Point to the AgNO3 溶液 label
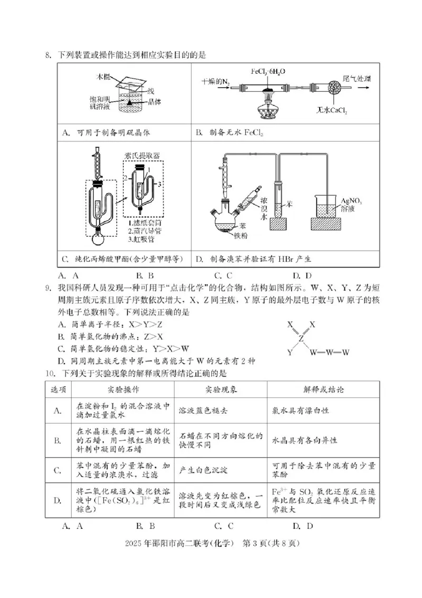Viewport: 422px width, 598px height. click(352, 205)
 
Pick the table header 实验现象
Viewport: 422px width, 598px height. click(220, 390)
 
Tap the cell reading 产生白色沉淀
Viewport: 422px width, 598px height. click(202, 469)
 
